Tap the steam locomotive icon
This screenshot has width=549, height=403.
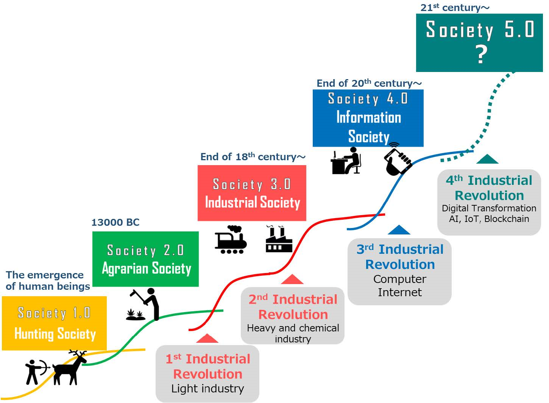(x=231, y=239)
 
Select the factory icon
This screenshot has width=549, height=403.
(x=279, y=239)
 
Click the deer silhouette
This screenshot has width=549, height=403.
(x=70, y=367)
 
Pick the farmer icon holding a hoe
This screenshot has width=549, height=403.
(x=146, y=304)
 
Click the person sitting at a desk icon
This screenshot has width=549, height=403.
(x=346, y=161)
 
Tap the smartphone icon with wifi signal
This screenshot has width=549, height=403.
(x=397, y=159)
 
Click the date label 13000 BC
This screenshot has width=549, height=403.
(x=115, y=222)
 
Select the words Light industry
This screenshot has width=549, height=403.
(x=207, y=389)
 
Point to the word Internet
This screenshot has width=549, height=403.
(x=399, y=292)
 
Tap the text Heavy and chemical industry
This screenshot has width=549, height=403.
(x=293, y=333)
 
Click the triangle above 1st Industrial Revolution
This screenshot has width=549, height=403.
(x=207, y=339)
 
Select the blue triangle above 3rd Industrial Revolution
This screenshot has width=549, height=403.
(x=399, y=230)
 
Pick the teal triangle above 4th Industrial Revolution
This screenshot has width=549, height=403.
(x=487, y=159)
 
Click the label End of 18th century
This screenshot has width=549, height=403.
(x=253, y=157)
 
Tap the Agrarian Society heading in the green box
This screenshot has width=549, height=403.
(x=147, y=269)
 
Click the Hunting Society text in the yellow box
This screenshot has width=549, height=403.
(x=55, y=334)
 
